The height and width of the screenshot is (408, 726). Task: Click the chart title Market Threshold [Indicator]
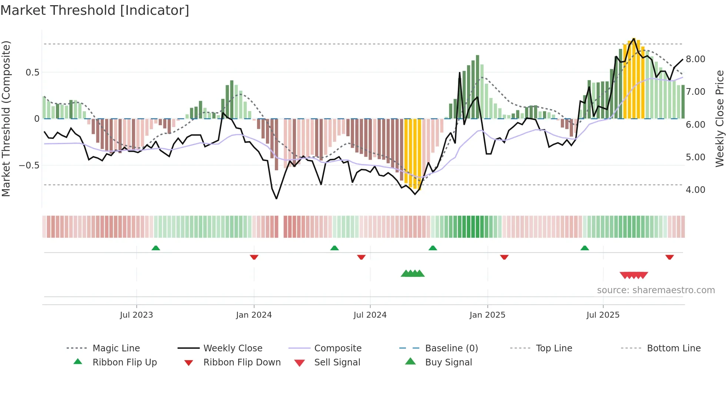[95, 10]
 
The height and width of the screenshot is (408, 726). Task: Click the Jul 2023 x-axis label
[136, 315]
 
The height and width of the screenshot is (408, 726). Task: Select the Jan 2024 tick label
[254, 315]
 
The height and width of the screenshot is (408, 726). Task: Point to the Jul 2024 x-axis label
[370, 315]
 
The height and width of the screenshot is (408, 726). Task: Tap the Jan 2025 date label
[487, 315]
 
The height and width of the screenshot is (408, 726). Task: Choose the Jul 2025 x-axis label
[603, 315]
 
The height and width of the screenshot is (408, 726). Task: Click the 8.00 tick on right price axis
[695, 59]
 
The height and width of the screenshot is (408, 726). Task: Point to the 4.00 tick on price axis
[695, 190]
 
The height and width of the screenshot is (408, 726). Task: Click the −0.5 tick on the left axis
[29, 165]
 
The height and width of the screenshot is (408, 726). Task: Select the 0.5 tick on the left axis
[32, 73]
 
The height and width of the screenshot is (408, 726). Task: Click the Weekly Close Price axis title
[719, 118]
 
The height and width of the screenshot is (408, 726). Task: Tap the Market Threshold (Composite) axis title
[6, 118]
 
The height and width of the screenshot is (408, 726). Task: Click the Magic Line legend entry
[116, 348]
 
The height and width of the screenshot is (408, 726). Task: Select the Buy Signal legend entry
[448, 362]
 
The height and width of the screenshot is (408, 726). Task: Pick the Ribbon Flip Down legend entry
[242, 362]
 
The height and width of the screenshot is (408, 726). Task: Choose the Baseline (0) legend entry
[451, 348]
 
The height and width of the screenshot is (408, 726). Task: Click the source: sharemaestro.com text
[656, 290]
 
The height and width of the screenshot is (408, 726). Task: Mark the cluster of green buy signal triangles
[412, 274]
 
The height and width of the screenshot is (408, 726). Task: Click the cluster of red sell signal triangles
[634, 275]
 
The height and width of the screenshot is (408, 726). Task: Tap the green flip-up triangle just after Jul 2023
[156, 248]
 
